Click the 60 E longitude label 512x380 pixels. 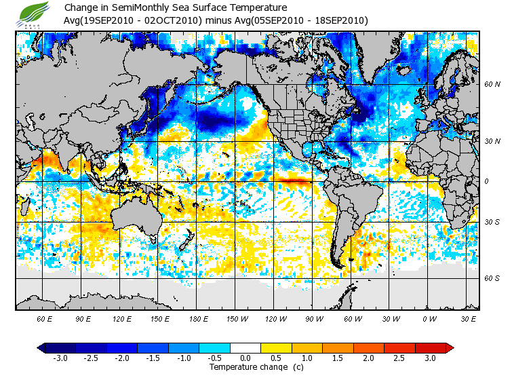[x=45, y=318]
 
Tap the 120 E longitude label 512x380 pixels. [x=122, y=318]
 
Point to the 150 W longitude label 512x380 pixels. [x=237, y=318]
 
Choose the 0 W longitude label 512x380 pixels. [x=429, y=318]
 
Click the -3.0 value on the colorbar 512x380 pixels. [x=60, y=358]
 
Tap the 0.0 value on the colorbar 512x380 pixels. [x=245, y=358]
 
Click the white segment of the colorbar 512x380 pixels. [x=245, y=347]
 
